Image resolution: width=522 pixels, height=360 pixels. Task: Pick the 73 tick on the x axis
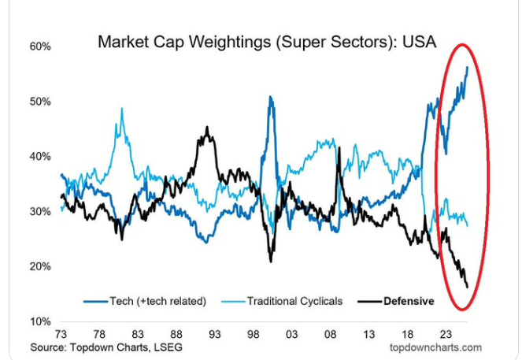61,333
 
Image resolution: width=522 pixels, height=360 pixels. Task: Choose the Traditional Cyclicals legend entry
293,301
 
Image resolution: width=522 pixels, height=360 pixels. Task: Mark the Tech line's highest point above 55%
468,68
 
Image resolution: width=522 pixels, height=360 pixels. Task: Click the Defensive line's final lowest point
468,287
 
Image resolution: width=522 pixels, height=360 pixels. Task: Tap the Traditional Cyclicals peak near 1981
122,109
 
